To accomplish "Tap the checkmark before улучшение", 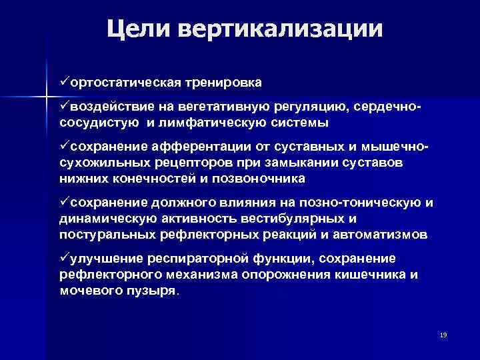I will tap(65, 258).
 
